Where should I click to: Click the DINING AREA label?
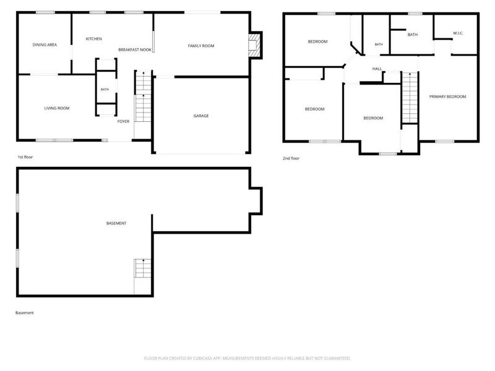pyautogui.click(x=45, y=45)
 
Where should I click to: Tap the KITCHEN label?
pyautogui.click(x=94, y=39)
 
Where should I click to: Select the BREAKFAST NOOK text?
pyautogui.click(x=135, y=50)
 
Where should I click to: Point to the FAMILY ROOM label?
pyautogui.click(x=200, y=46)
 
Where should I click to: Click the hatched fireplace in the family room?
pyautogui.click(x=253, y=45)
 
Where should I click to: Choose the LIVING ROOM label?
pyautogui.click(x=57, y=108)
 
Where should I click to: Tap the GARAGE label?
pyautogui.click(x=201, y=116)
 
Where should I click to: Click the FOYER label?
pyautogui.click(x=123, y=121)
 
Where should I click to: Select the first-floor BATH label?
pyautogui.click(x=105, y=90)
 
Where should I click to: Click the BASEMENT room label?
pyautogui.click(x=116, y=223)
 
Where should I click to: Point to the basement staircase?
pyautogui.click(x=143, y=268)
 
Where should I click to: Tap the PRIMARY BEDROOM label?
pyautogui.click(x=447, y=96)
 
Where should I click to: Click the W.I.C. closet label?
pyautogui.click(x=458, y=33)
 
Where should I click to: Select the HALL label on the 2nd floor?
pyautogui.click(x=377, y=69)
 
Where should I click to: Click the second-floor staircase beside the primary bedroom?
pyautogui.click(x=410, y=98)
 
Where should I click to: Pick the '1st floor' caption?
pyautogui.click(x=25, y=157)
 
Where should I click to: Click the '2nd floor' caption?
pyautogui.click(x=291, y=158)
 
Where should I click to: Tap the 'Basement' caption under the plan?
pyautogui.click(x=25, y=313)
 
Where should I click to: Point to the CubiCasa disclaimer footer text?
pyautogui.click(x=247, y=359)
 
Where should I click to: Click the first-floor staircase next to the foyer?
pyautogui.click(x=143, y=96)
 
